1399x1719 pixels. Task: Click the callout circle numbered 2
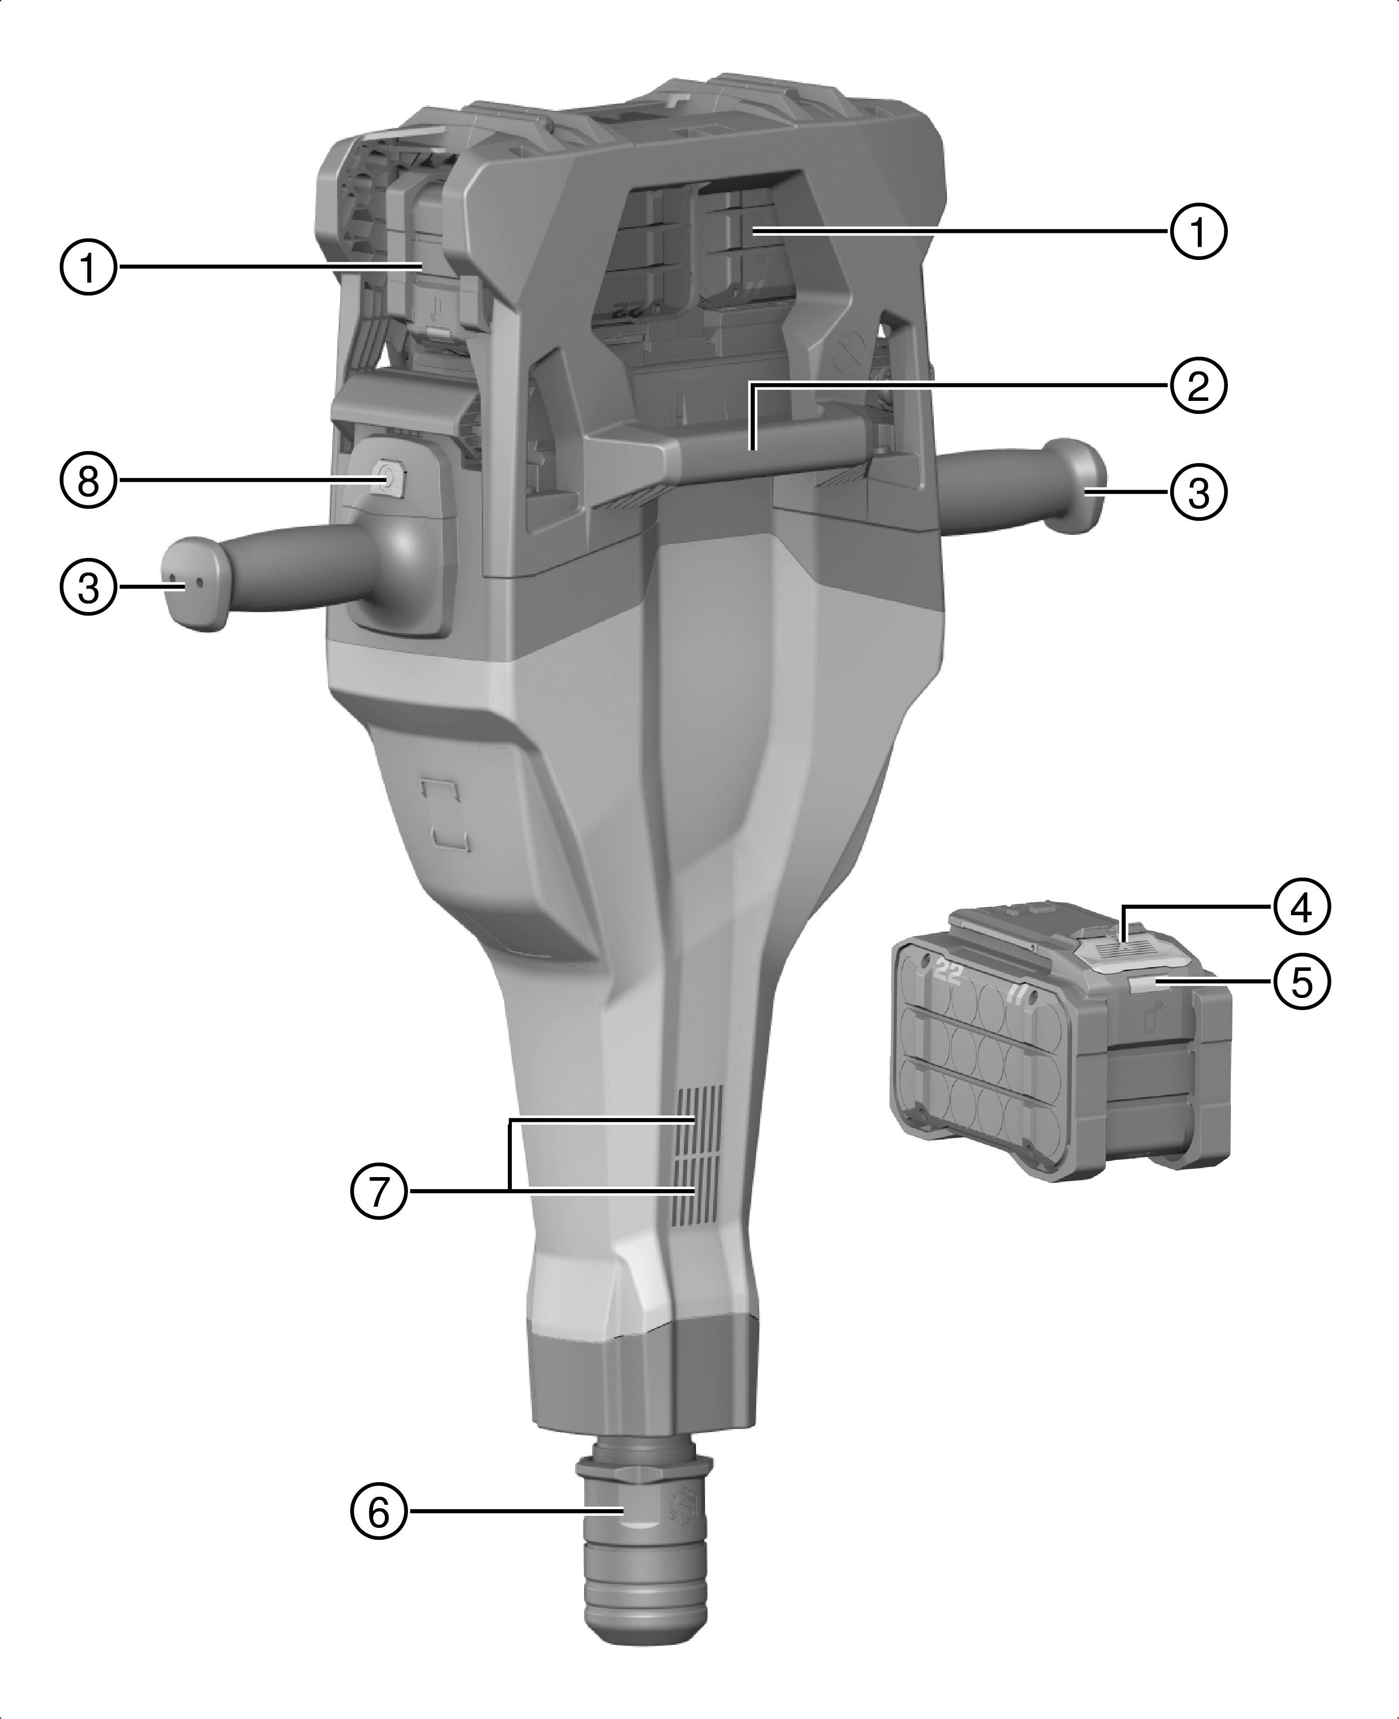pos(1198,386)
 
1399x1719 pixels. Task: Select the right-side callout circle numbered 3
pos(1198,492)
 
